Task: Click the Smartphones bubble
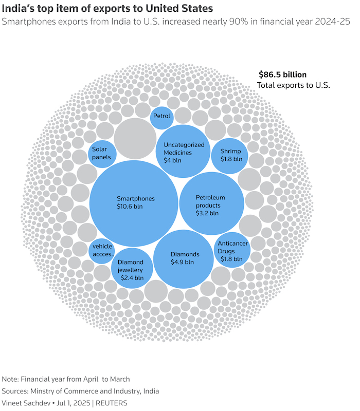pos(134,203)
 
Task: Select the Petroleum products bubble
pos(212,203)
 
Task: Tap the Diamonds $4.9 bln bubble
pos(184,259)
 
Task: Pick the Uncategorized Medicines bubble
pos(183,151)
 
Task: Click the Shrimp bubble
pos(229,156)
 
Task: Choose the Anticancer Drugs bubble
pos(232,250)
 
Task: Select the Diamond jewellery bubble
pos(132,268)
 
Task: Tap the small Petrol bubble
pos(162,118)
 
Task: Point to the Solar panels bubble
pos(102,154)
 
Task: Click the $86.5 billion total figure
pos(282,74)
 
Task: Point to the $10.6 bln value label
pos(130,207)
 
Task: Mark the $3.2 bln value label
pos(207,213)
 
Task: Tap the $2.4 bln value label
pos(132,278)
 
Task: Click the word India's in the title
pos(18,9)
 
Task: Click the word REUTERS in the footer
pos(111,403)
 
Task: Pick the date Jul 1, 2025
pos(73,403)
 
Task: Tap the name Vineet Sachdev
pos(26,403)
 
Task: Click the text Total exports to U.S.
pos(293,85)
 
